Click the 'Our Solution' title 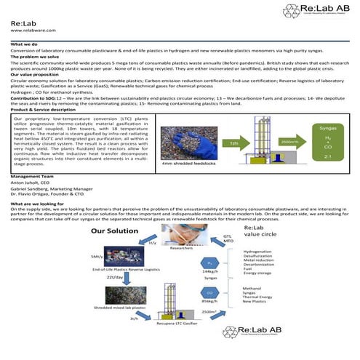(115, 231)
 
